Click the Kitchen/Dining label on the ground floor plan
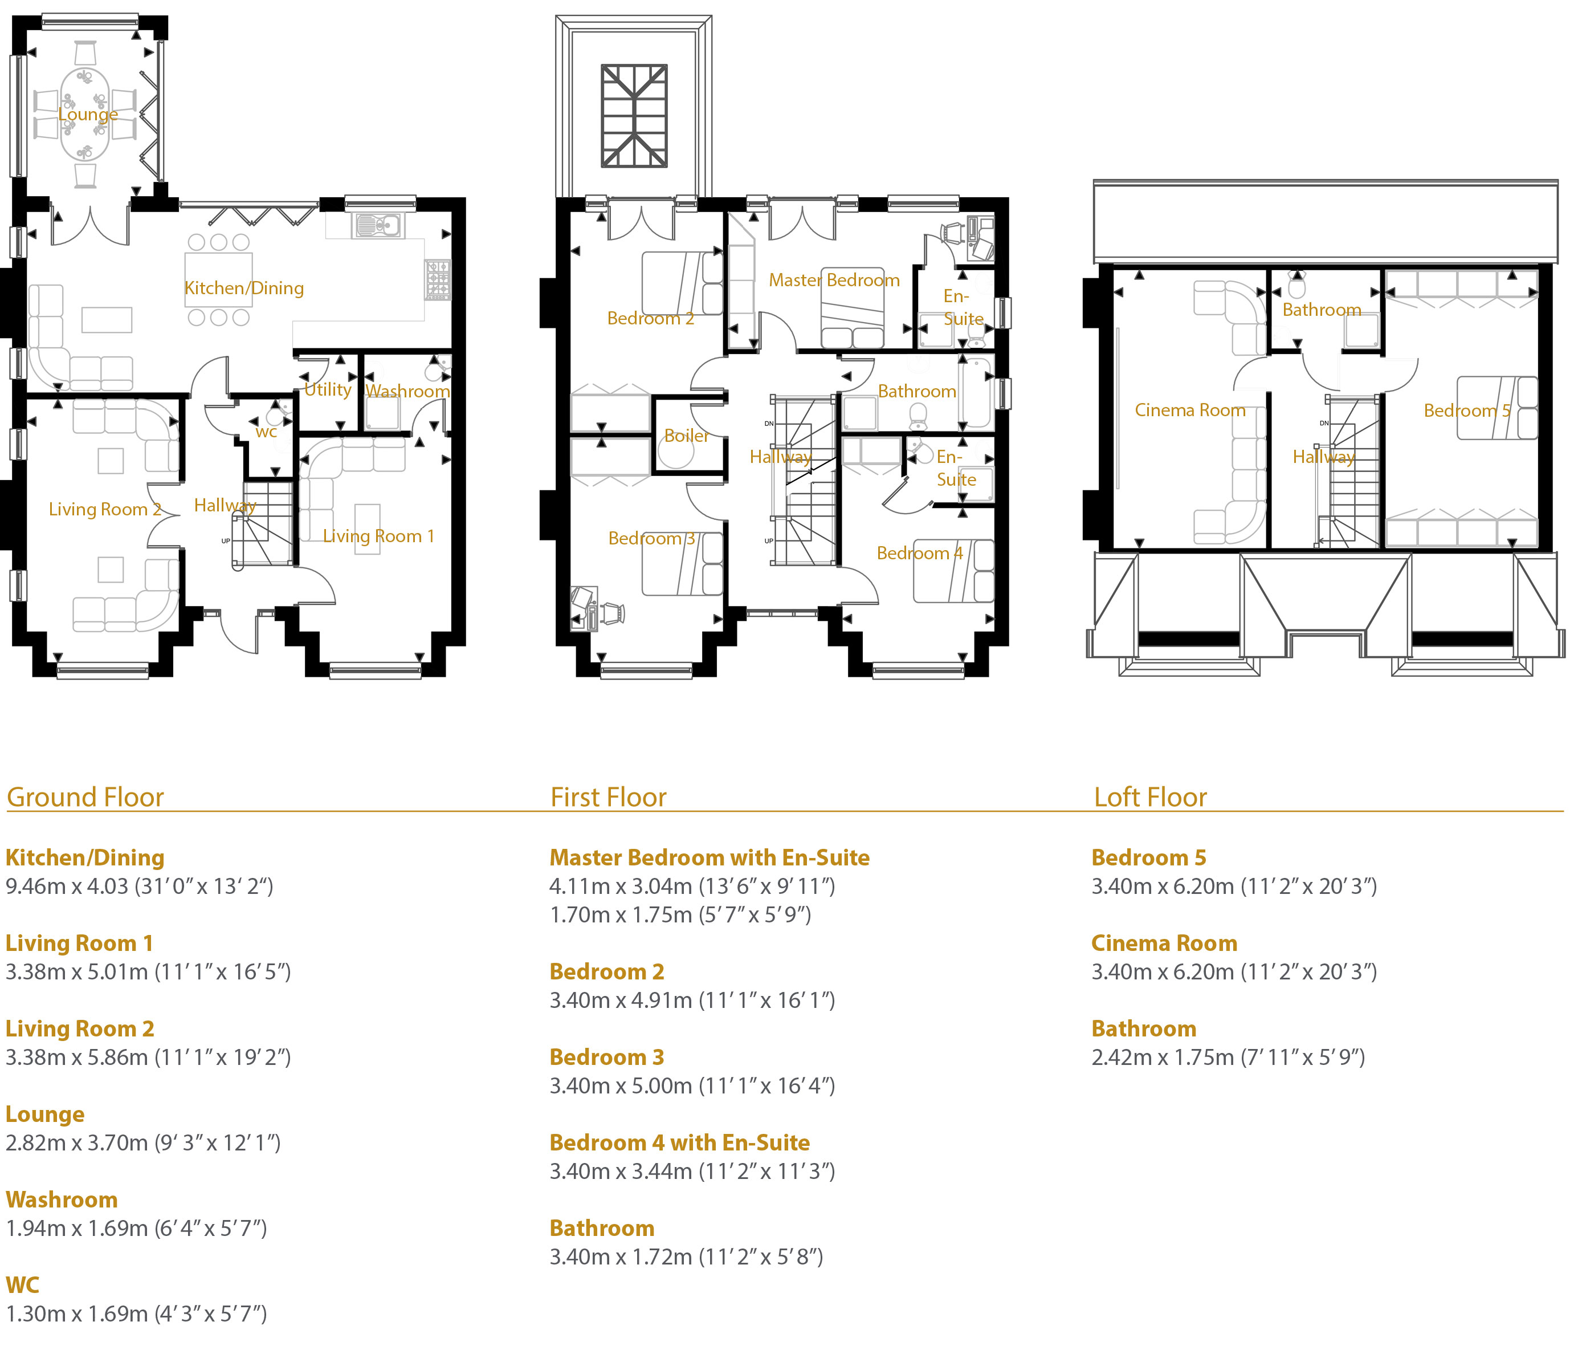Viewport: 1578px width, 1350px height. tap(244, 288)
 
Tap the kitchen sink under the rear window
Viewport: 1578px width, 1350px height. tap(378, 226)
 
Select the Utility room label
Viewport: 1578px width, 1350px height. tap(328, 389)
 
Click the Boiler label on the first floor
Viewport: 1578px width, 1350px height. tap(686, 436)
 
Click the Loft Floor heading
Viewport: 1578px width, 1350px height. tap(1150, 797)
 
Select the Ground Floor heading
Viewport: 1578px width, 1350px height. tap(85, 797)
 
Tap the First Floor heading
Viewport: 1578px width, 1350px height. tap(609, 797)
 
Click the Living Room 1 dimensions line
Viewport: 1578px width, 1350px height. tap(149, 971)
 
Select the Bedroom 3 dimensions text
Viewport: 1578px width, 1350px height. tap(692, 1085)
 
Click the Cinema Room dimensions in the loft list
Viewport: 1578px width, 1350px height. tap(1234, 971)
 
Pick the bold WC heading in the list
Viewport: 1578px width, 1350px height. tap(22, 1284)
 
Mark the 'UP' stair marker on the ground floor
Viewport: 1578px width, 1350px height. tap(226, 541)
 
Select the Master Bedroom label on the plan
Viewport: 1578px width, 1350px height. tap(834, 280)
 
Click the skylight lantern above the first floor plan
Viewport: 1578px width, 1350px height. tap(634, 116)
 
